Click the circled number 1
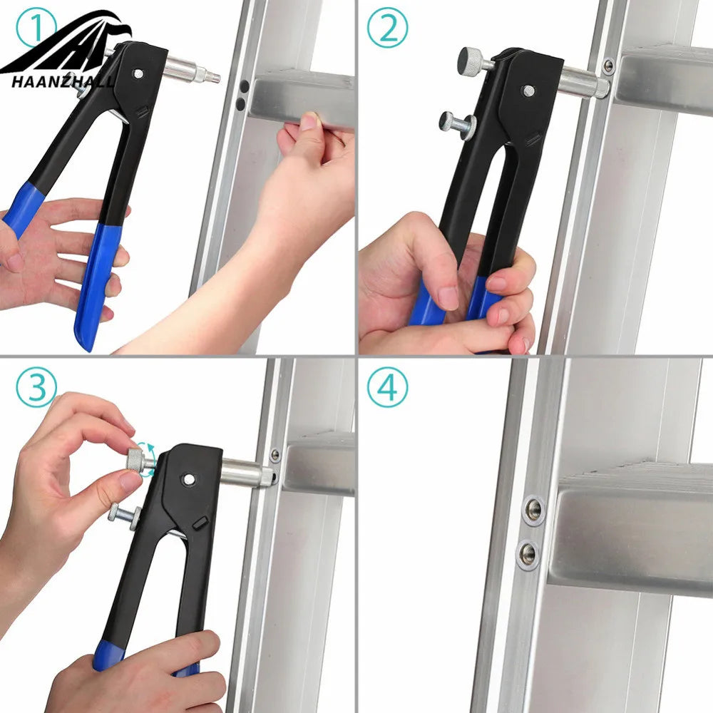(36, 27)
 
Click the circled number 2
(387, 27)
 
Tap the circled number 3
(36, 387)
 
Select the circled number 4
(387, 387)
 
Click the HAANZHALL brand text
(62, 82)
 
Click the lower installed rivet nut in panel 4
(528, 554)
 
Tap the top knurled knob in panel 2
(471, 58)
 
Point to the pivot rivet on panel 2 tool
(528, 91)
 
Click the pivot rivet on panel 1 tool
(138, 73)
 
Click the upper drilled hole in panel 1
(244, 86)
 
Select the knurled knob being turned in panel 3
(135, 460)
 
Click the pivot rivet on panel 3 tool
(189, 479)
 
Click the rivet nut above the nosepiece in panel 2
(608, 67)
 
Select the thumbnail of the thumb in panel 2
(448, 299)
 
